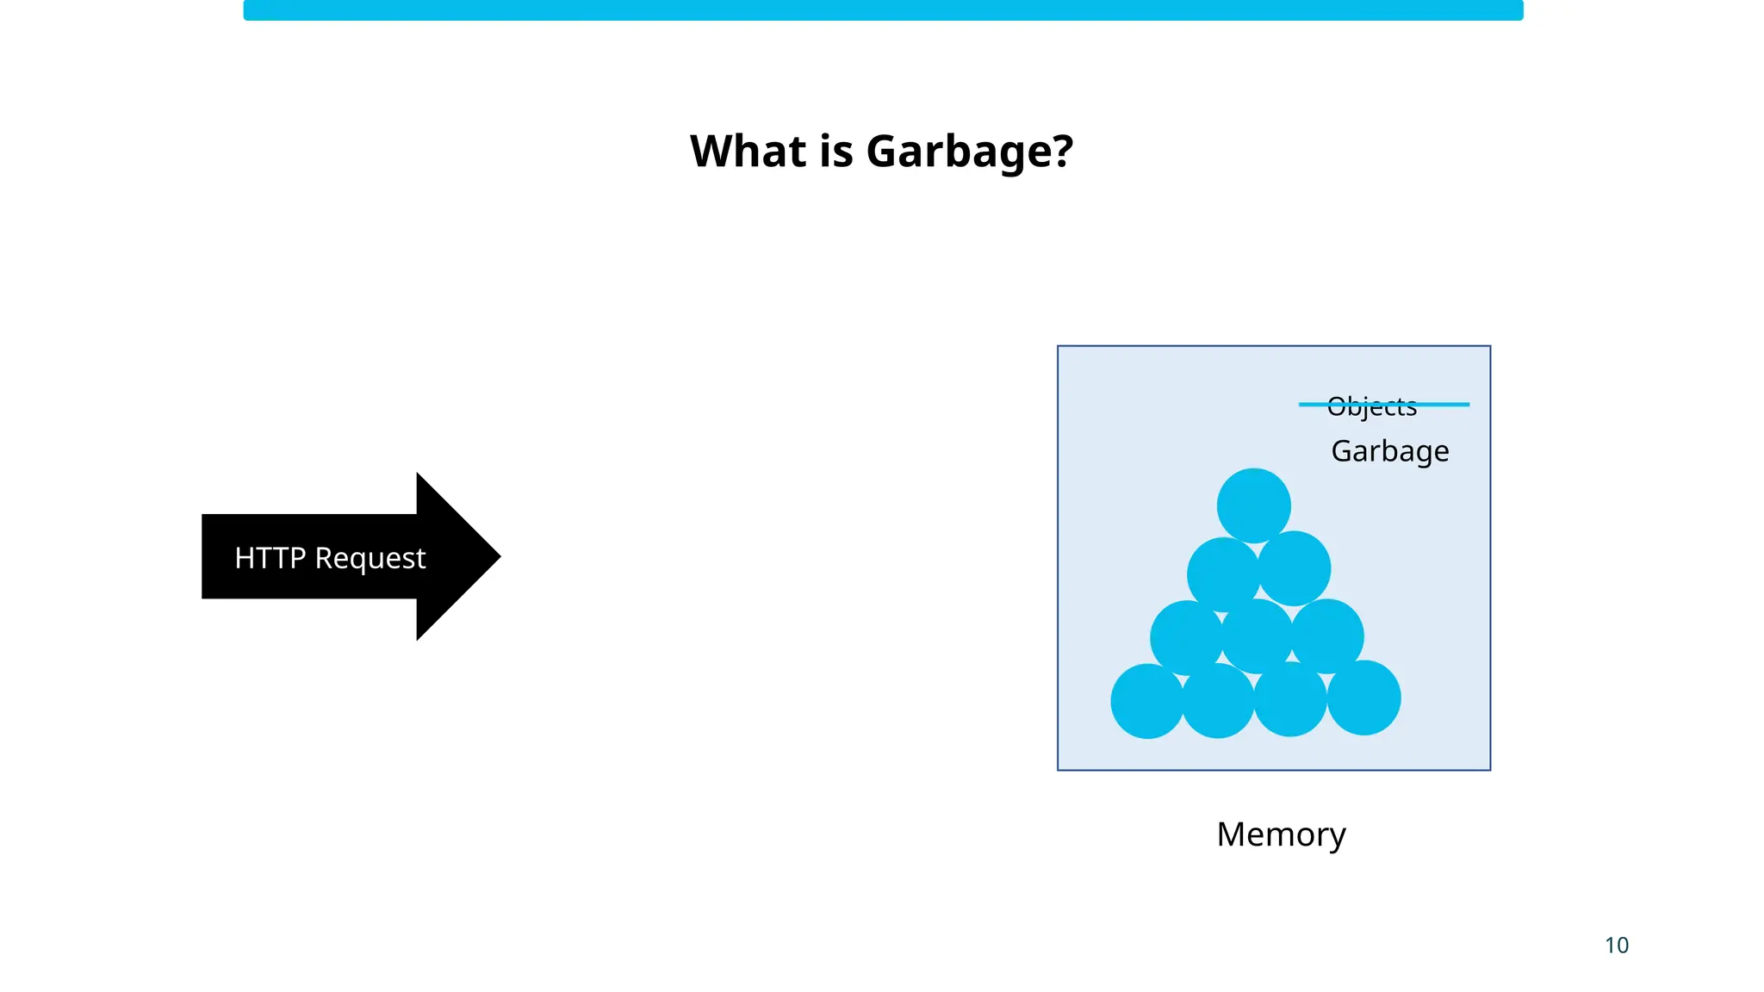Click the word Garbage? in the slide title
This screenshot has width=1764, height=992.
[x=969, y=152]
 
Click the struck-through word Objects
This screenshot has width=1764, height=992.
[x=1371, y=407]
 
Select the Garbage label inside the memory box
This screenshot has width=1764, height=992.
[x=1389, y=451]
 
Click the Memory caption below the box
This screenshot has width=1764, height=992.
[x=1281, y=834]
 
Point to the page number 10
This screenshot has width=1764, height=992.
[x=1616, y=945]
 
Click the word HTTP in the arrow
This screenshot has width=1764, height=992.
[x=270, y=558]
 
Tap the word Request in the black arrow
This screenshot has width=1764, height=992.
[x=370, y=558]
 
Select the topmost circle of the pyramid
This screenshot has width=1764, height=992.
[x=1253, y=505]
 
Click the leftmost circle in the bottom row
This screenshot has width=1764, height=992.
[x=1146, y=701]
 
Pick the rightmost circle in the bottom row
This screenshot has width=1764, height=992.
[x=1364, y=697]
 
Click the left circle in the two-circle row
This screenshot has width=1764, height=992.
[x=1221, y=573]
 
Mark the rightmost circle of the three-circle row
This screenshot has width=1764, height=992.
[x=1328, y=635]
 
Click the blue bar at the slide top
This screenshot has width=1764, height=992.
[x=883, y=10]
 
